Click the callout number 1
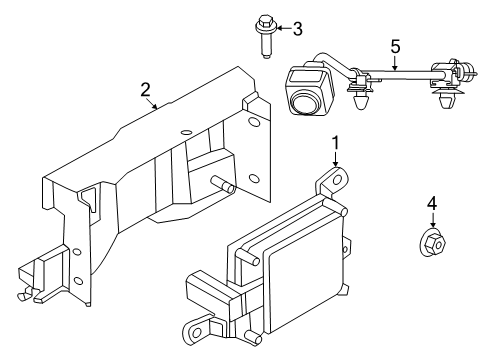click(335, 143)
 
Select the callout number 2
click(145, 90)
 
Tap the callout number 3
click(298, 29)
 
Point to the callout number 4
click(432, 203)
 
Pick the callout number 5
click(395, 46)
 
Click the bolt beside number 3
click(265, 36)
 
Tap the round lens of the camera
click(304, 103)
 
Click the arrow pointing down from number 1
click(335, 159)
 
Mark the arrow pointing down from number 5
click(395, 64)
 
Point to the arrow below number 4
click(432, 221)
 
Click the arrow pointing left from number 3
click(283, 28)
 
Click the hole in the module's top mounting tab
click(337, 180)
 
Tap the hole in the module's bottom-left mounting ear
click(197, 332)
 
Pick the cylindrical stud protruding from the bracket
click(223, 185)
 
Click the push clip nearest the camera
click(361, 98)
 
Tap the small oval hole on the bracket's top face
click(186, 132)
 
